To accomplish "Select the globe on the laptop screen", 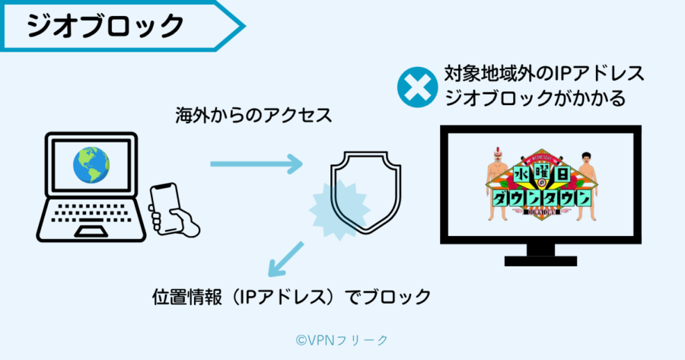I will pos(91,165).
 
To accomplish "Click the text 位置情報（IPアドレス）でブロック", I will pos(292,295).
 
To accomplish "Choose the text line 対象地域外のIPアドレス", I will pos(543,74).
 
